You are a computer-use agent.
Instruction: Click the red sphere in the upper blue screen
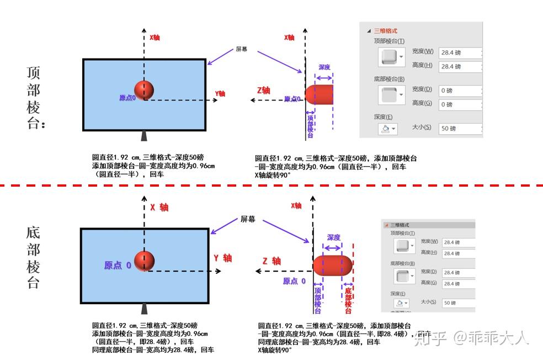(143, 90)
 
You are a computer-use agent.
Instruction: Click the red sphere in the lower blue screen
(144, 261)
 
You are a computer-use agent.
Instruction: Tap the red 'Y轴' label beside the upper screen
(220, 93)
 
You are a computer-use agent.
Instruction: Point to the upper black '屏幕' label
(241, 49)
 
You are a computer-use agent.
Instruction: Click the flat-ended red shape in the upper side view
(319, 94)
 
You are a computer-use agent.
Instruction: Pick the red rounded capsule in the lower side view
(332, 266)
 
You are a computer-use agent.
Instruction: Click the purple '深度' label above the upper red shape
(324, 67)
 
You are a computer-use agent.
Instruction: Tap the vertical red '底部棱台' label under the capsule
(348, 300)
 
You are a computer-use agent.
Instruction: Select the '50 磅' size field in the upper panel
(459, 129)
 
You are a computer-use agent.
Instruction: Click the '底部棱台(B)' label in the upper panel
(389, 79)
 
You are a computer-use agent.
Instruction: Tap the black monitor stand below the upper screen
(144, 136)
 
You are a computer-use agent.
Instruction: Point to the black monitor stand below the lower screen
(144, 308)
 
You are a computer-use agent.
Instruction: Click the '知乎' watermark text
(430, 337)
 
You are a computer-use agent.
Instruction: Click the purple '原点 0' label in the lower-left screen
(118, 266)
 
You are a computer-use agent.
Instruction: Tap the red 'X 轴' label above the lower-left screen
(159, 208)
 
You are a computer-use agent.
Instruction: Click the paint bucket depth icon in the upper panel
(385, 129)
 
